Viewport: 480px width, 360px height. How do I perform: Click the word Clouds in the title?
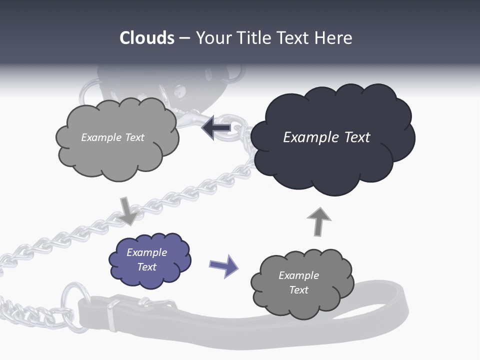147,38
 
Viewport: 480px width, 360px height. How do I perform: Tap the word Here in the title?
334,38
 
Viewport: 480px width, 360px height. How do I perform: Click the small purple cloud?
149,260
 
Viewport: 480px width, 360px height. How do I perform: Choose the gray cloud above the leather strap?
302,282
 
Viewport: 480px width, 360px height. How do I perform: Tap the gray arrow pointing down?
127,210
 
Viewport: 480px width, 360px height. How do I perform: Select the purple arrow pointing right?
223,265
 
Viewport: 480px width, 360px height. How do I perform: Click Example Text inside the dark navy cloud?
326,137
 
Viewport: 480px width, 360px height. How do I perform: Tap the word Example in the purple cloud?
146,252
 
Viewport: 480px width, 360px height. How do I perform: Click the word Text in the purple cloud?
146,267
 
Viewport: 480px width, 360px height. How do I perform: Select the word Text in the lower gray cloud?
298,290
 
